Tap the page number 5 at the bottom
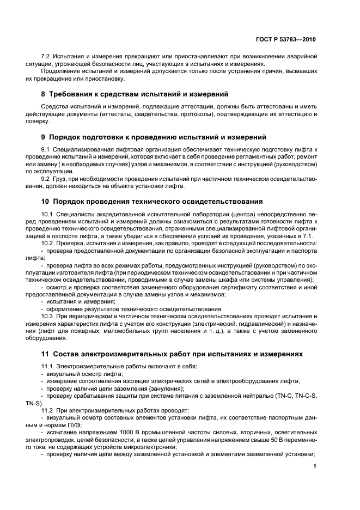(315, 466)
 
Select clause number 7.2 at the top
(47, 57)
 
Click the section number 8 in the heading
(44, 94)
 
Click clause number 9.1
(47, 149)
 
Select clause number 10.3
(48, 315)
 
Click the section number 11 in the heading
(46, 354)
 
